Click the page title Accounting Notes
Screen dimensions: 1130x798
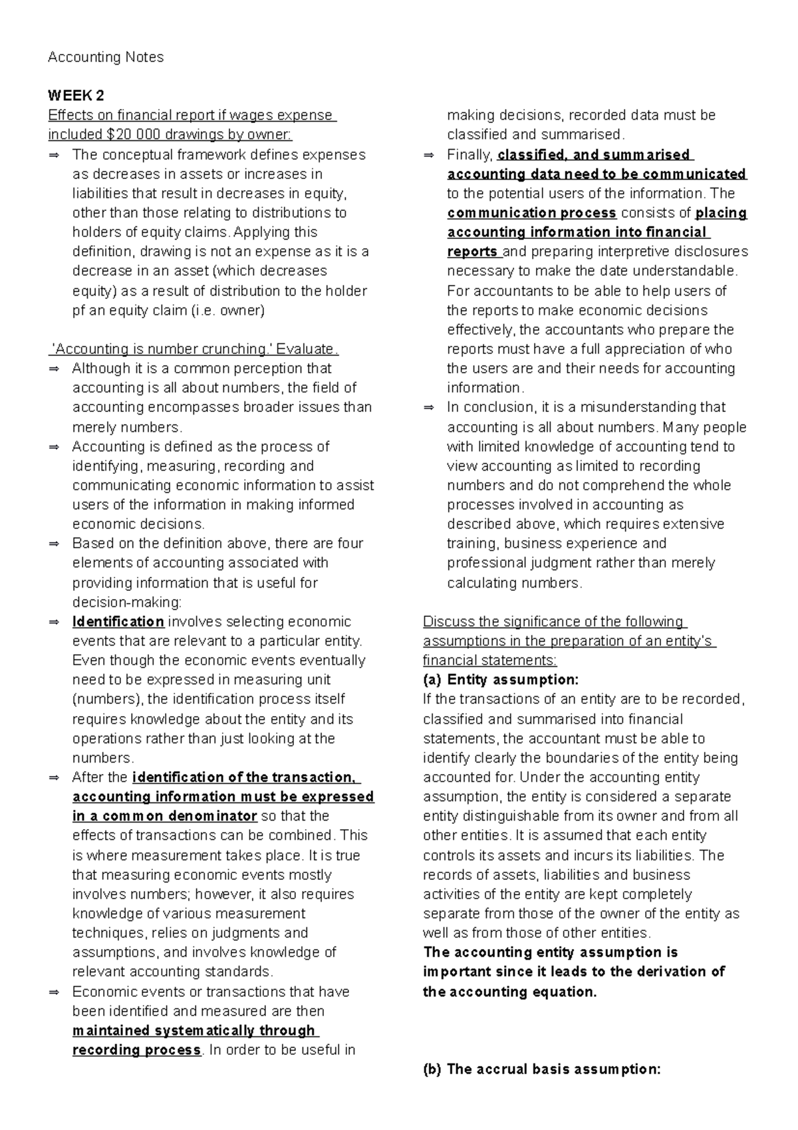click(105, 57)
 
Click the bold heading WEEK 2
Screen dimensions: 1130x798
click(76, 96)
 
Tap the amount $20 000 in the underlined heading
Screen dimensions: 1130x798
click(133, 135)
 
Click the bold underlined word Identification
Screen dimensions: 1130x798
click(118, 622)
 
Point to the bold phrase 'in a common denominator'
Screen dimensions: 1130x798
click(164, 817)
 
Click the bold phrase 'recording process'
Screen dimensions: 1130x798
click(136, 1050)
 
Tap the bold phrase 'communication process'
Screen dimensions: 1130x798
click(531, 214)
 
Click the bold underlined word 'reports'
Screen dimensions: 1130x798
click(473, 252)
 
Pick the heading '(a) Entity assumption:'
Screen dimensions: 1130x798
click(501, 680)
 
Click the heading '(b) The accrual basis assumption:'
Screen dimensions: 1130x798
click(541, 1069)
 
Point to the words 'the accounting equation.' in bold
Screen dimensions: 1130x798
click(510, 992)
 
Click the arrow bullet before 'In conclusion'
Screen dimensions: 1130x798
click(429, 408)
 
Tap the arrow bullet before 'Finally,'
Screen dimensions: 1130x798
click(429, 155)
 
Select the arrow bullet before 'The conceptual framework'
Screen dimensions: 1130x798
click(54, 155)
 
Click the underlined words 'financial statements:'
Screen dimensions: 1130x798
click(489, 661)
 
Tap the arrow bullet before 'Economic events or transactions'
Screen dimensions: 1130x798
click(54, 992)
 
